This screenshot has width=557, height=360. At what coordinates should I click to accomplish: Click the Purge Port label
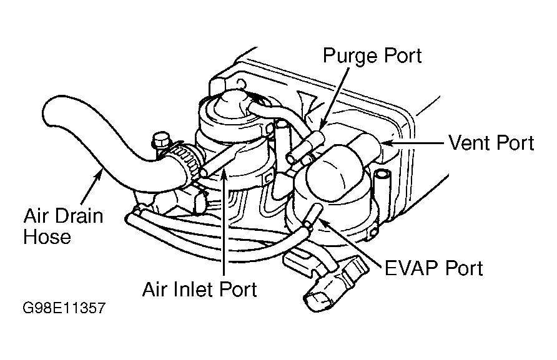point(372,56)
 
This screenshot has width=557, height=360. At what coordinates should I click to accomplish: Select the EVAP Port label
point(433,268)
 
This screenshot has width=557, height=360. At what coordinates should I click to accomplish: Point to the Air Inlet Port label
point(199,289)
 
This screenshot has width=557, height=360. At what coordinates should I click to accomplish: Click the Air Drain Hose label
point(62,226)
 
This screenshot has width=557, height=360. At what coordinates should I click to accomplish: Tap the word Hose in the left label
point(47,236)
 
